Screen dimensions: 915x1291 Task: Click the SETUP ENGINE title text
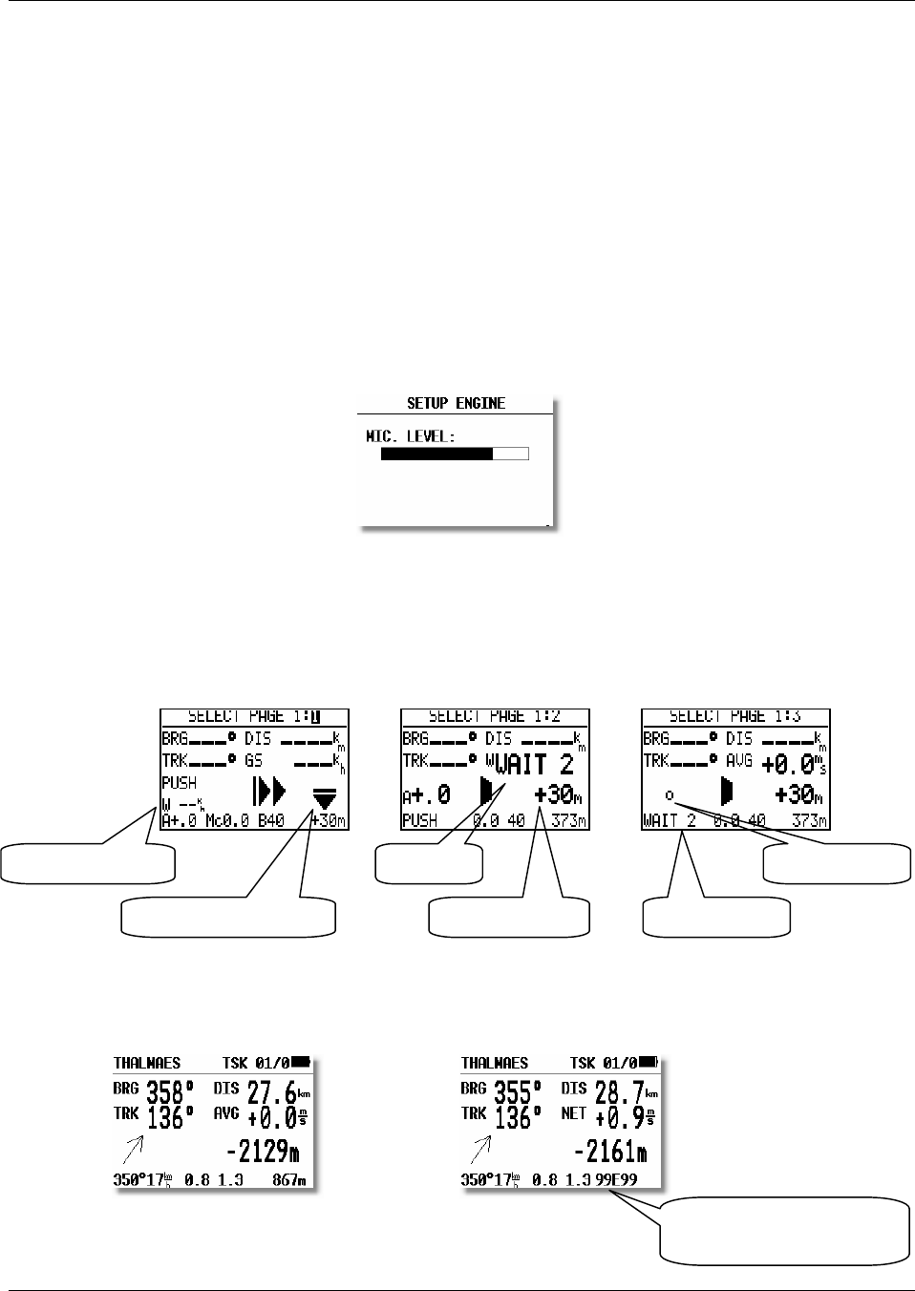click(x=456, y=403)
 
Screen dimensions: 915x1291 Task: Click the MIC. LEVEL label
click(x=412, y=436)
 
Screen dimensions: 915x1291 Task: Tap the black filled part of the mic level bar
click(x=436, y=454)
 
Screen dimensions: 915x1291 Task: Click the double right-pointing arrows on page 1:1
click(x=268, y=793)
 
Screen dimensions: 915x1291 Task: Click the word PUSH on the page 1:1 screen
click(x=179, y=783)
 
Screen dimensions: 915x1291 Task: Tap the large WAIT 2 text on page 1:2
click(x=535, y=765)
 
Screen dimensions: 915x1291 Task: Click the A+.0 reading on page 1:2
click(x=426, y=794)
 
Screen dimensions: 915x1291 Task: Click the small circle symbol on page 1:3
click(x=669, y=794)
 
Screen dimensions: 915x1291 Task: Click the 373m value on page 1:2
click(x=569, y=820)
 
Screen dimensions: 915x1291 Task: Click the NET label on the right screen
click(x=573, y=1113)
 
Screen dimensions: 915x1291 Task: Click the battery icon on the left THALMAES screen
click(x=301, y=1061)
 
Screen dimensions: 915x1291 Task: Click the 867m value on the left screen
click(x=289, y=1180)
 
